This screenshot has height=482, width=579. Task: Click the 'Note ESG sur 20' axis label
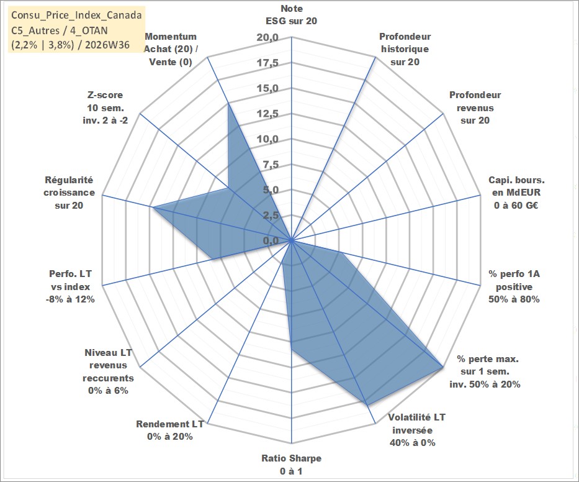[x=291, y=15]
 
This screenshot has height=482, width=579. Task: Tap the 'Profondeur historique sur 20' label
[x=405, y=49]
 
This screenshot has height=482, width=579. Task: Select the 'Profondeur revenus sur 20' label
[x=475, y=107]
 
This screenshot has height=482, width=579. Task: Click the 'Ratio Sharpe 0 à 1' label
[x=291, y=465]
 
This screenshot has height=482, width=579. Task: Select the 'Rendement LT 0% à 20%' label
[x=170, y=430]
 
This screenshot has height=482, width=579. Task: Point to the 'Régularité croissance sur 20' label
[x=69, y=193]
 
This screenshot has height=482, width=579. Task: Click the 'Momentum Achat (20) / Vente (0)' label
[x=171, y=49]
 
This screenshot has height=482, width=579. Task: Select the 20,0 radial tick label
[x=267, y=38]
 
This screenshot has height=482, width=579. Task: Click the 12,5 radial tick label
[x=267, y=114]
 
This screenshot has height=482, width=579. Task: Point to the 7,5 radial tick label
[x=271, y=165]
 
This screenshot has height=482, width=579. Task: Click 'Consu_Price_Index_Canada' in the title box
[x=76, y=15]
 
